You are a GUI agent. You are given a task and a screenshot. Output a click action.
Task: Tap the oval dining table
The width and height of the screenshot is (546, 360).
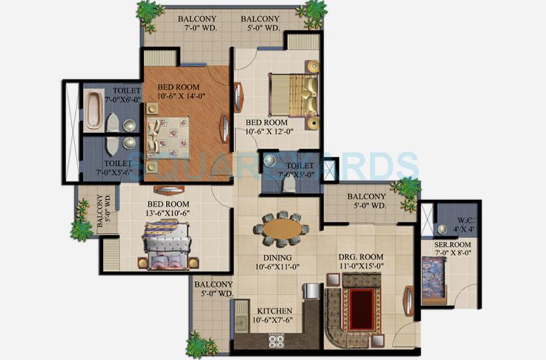point(281,230)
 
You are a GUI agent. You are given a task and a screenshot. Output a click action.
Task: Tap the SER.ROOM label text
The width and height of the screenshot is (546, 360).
point(452,245)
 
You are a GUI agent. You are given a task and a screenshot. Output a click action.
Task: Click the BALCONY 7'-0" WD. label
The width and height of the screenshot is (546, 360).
point(197,23)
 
